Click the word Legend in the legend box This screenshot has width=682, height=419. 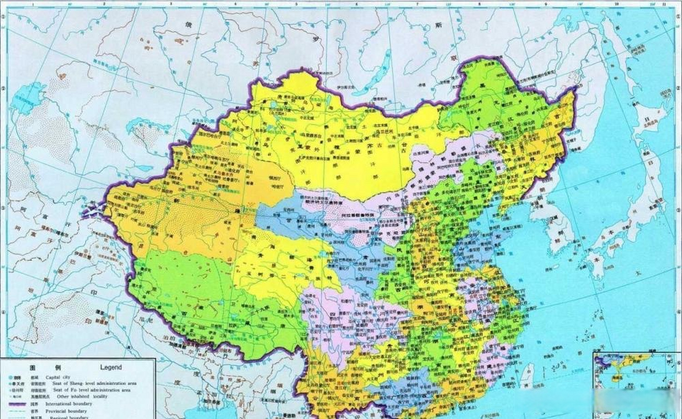[111, 367]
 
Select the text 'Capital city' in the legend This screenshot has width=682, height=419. [58, 377]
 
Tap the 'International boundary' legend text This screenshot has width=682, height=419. [69, 404]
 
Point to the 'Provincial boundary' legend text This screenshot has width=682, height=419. [66, 411]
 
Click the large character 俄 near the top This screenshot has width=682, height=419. [188, 25]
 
